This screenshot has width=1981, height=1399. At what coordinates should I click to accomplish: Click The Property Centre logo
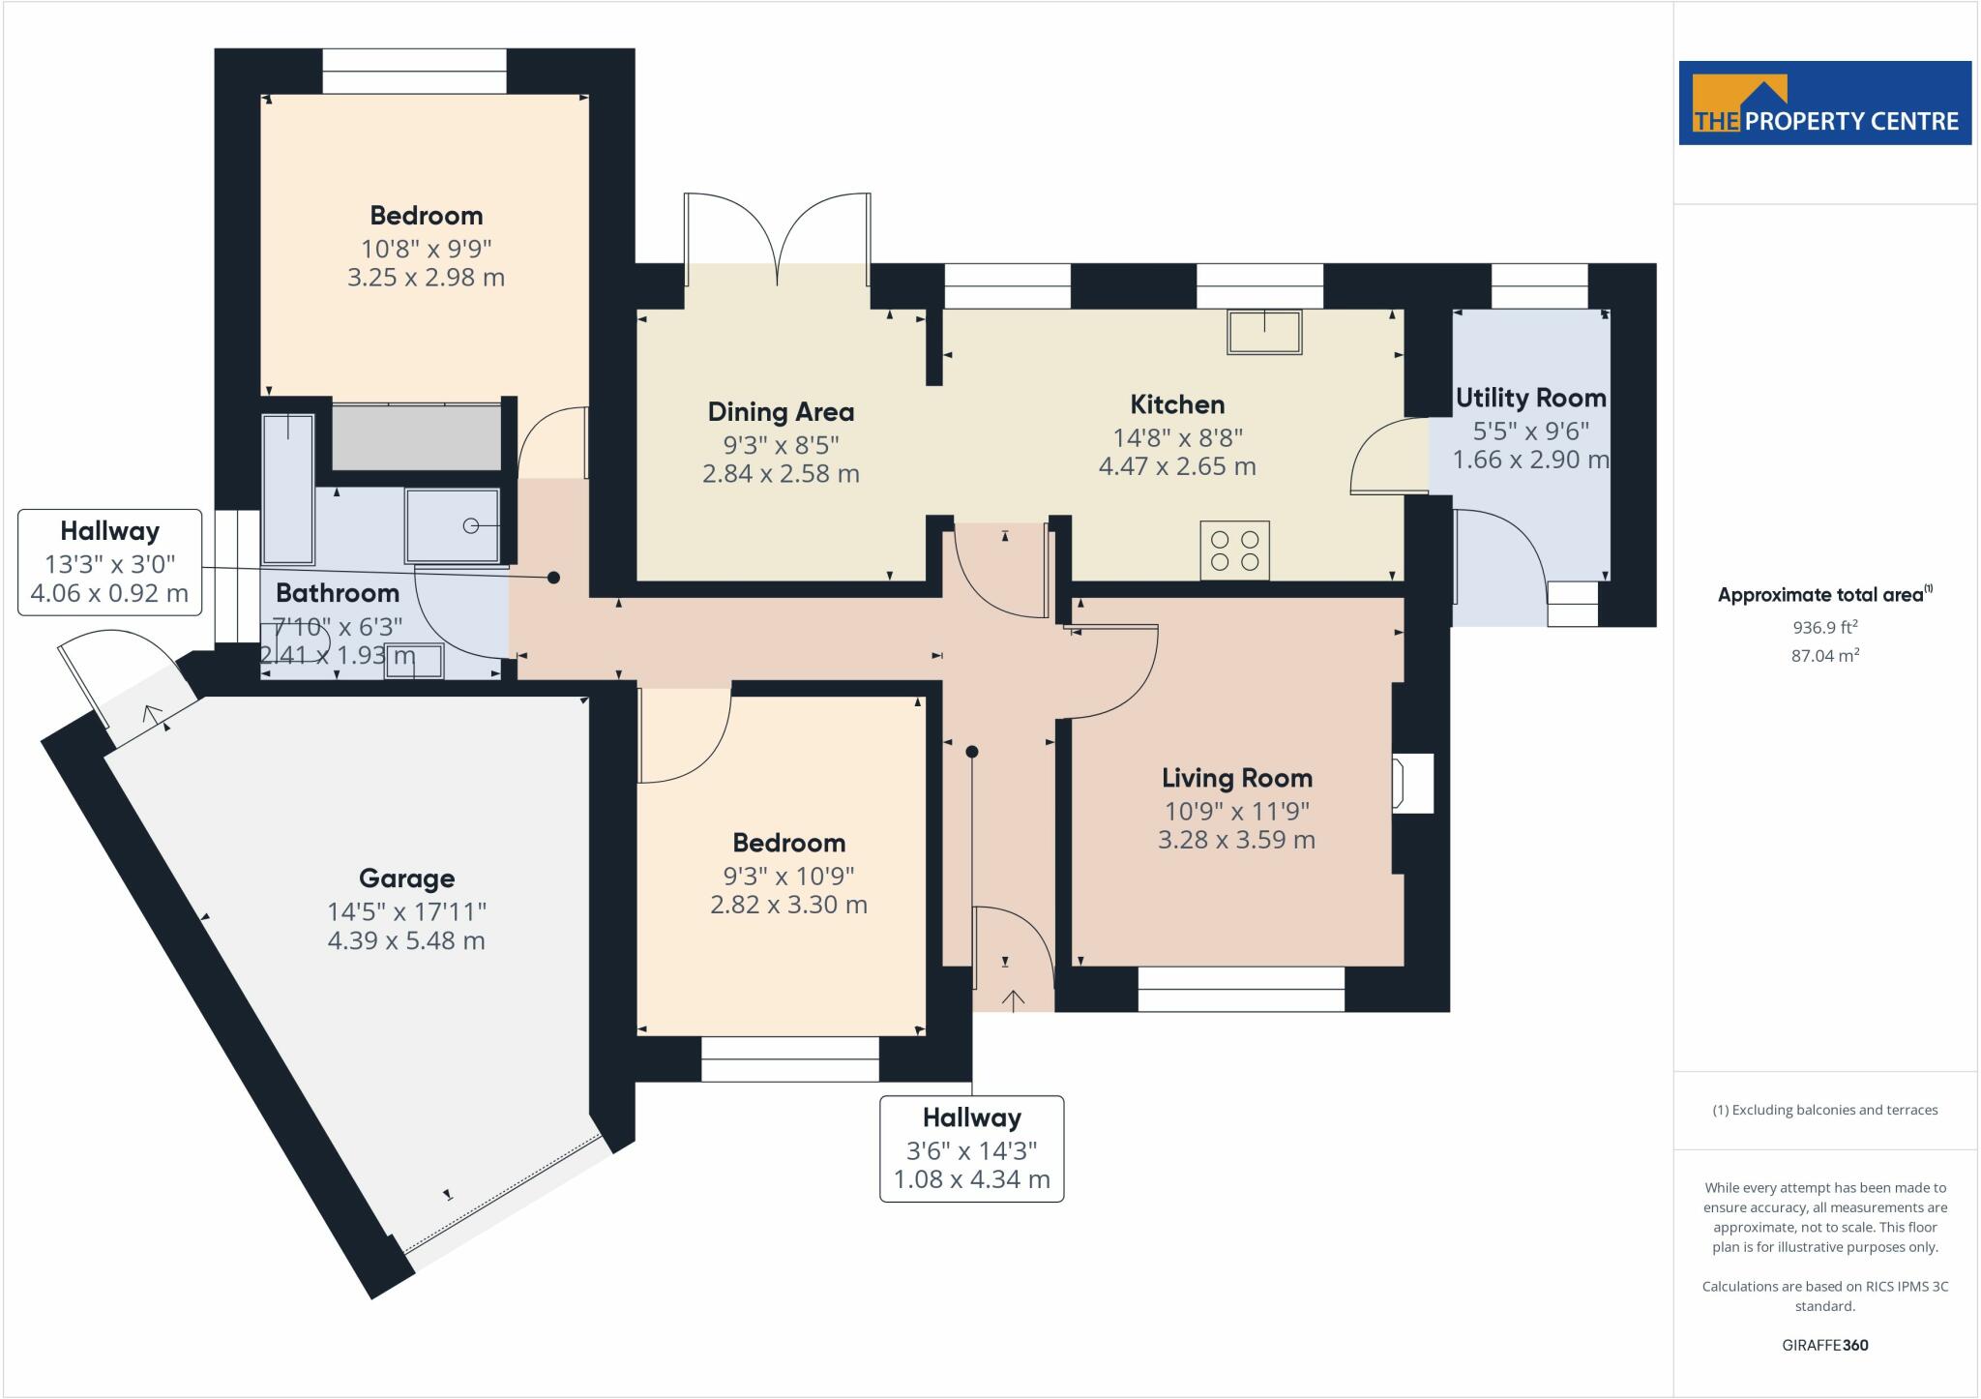tap(1825, 104)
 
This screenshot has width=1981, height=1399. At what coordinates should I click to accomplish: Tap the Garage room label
tap(406, 878)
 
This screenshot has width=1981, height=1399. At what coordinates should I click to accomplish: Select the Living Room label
tap(1237, 778)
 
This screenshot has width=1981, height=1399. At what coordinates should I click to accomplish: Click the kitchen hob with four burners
tap(1235, 551)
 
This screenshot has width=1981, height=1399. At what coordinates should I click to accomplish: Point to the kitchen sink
tap(1265, 332)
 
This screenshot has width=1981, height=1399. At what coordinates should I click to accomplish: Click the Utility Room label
tap(1531, 398)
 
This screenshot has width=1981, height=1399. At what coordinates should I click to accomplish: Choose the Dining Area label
tap(782, 412)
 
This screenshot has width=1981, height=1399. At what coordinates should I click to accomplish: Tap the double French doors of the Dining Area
tap(777, 238)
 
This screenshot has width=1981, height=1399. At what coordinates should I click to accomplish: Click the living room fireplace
tap(1412, 783)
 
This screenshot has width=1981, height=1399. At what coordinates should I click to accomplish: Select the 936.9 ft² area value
tap(1825, 627)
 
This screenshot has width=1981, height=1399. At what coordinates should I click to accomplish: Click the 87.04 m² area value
tap(1825, 655)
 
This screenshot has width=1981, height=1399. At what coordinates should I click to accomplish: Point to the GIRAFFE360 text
tap(1825, 1345)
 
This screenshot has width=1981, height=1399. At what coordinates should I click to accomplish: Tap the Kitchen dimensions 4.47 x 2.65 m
tap(1177, 466)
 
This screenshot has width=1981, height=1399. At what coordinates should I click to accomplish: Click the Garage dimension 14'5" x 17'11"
tap(406, 911)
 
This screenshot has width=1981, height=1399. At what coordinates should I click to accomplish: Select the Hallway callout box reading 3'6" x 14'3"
tap(972, 1149)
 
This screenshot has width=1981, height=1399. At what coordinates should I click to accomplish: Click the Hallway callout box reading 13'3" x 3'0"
tap(109, 562)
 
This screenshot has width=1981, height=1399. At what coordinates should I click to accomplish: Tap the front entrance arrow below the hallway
tap(1013, 1000)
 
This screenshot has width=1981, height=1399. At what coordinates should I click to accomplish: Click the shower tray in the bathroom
tap(453, 525)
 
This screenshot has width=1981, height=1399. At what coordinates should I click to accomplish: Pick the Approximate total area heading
tap(1825, 594)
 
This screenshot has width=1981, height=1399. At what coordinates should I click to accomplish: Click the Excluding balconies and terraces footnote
tap(1825, 1110)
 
